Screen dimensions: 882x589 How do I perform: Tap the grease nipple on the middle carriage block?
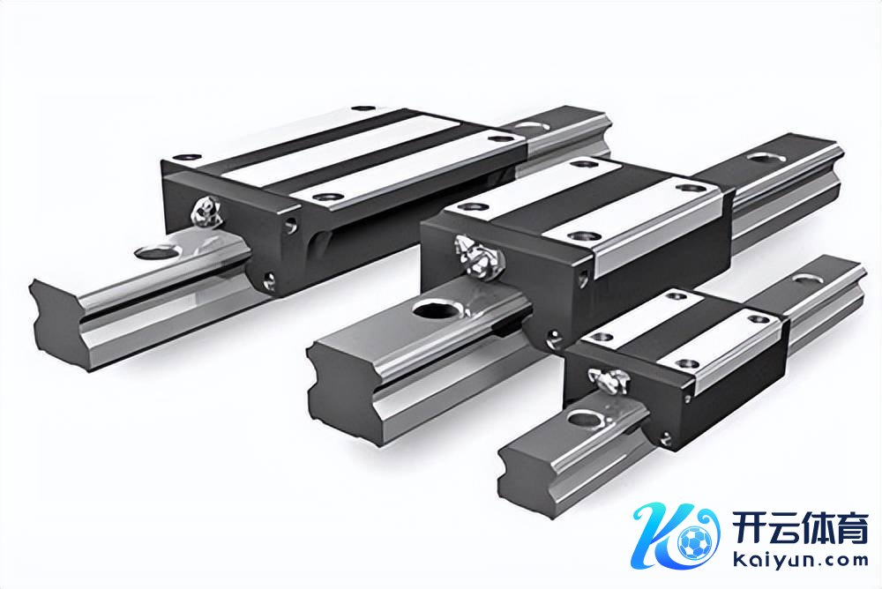(x=478, y=257)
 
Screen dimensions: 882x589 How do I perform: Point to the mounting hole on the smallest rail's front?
(x=586, y=420)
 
